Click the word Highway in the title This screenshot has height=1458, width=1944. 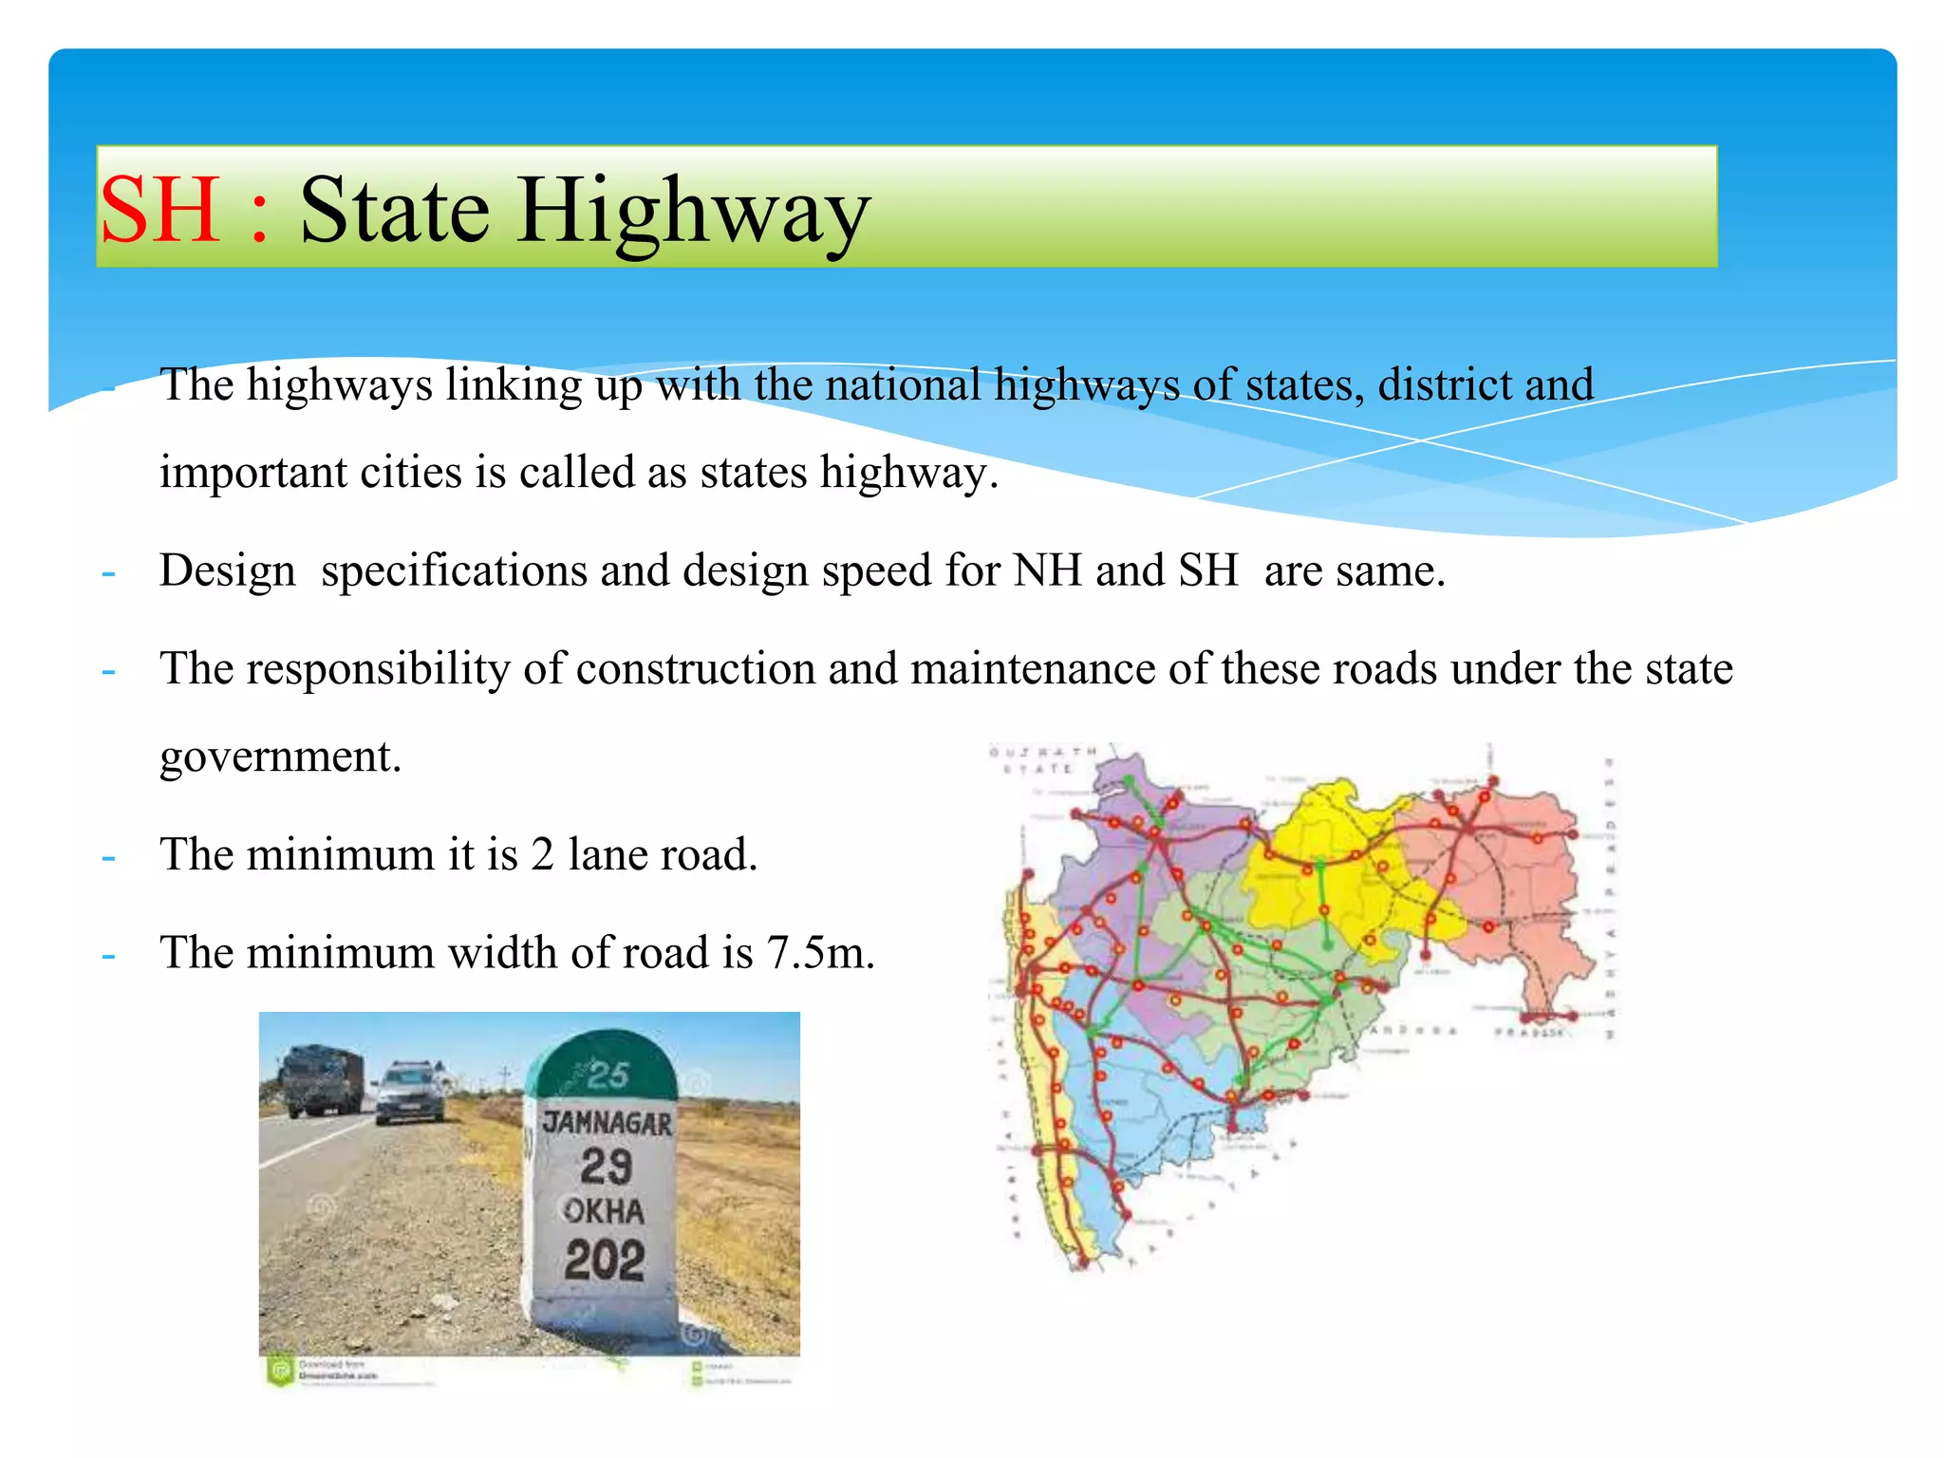coord(693,214)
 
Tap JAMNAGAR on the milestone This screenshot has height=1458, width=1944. coord(607,1123)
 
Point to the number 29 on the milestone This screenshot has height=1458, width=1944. coord(607,1167)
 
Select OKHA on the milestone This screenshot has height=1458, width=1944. coord(605,1211)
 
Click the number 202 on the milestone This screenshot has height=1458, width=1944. coord(605,1261)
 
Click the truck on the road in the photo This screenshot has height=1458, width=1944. coord(322,1080)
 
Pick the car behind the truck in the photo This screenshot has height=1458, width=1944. coord(411,1093)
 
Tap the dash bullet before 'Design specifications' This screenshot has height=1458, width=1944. coord(109,573)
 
